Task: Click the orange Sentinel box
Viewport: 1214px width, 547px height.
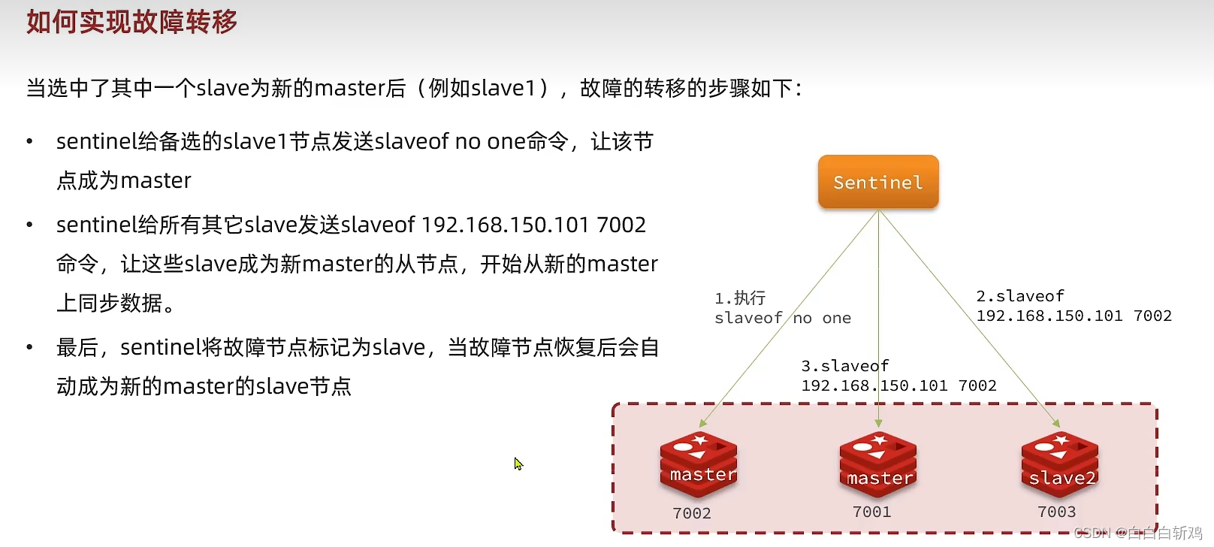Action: [877, 182]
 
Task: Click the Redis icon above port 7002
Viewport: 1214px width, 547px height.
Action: [698, 464]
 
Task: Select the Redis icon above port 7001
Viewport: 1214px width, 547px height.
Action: [878, 465]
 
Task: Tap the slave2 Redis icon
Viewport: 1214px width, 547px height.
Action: [1059, 467]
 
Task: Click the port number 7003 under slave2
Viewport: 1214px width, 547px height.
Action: [1056, 512]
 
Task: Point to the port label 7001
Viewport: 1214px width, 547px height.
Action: [871, 512]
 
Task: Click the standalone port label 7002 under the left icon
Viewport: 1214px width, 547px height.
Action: [691, 513]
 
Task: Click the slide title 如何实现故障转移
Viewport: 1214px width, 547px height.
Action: [131, 22]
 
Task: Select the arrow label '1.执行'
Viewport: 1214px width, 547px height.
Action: [740, 298]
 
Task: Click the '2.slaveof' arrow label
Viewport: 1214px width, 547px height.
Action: [1019, 296]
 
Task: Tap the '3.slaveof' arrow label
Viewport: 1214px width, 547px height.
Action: [844, 366]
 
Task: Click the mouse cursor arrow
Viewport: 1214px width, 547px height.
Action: [518, 463]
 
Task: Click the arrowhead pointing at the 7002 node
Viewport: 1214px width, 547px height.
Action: [703, 424]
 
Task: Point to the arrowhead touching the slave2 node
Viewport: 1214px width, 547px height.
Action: [1055, 423]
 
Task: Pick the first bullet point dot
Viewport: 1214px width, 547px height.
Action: [29, 141]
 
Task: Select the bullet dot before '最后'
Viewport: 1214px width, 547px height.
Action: [29, 347]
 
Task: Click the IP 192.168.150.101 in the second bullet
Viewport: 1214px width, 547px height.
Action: [505, 225]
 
